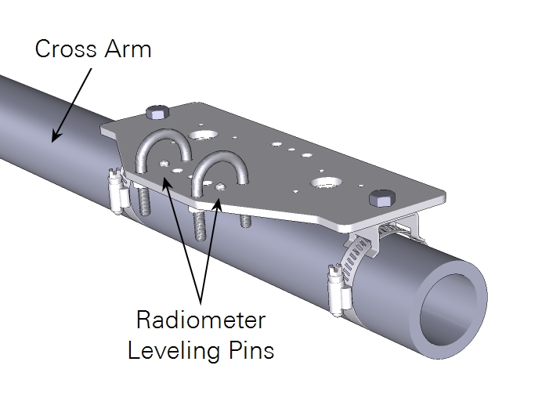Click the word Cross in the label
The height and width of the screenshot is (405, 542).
pos(67,49)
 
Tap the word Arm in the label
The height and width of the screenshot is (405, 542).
pos(127,49)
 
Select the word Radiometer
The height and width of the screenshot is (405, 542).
pos(201,320)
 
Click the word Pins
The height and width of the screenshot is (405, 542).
pos(251,349)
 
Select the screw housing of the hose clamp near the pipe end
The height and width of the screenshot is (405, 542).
pos(336,285)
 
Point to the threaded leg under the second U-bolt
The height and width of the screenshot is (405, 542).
pos(201,228)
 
